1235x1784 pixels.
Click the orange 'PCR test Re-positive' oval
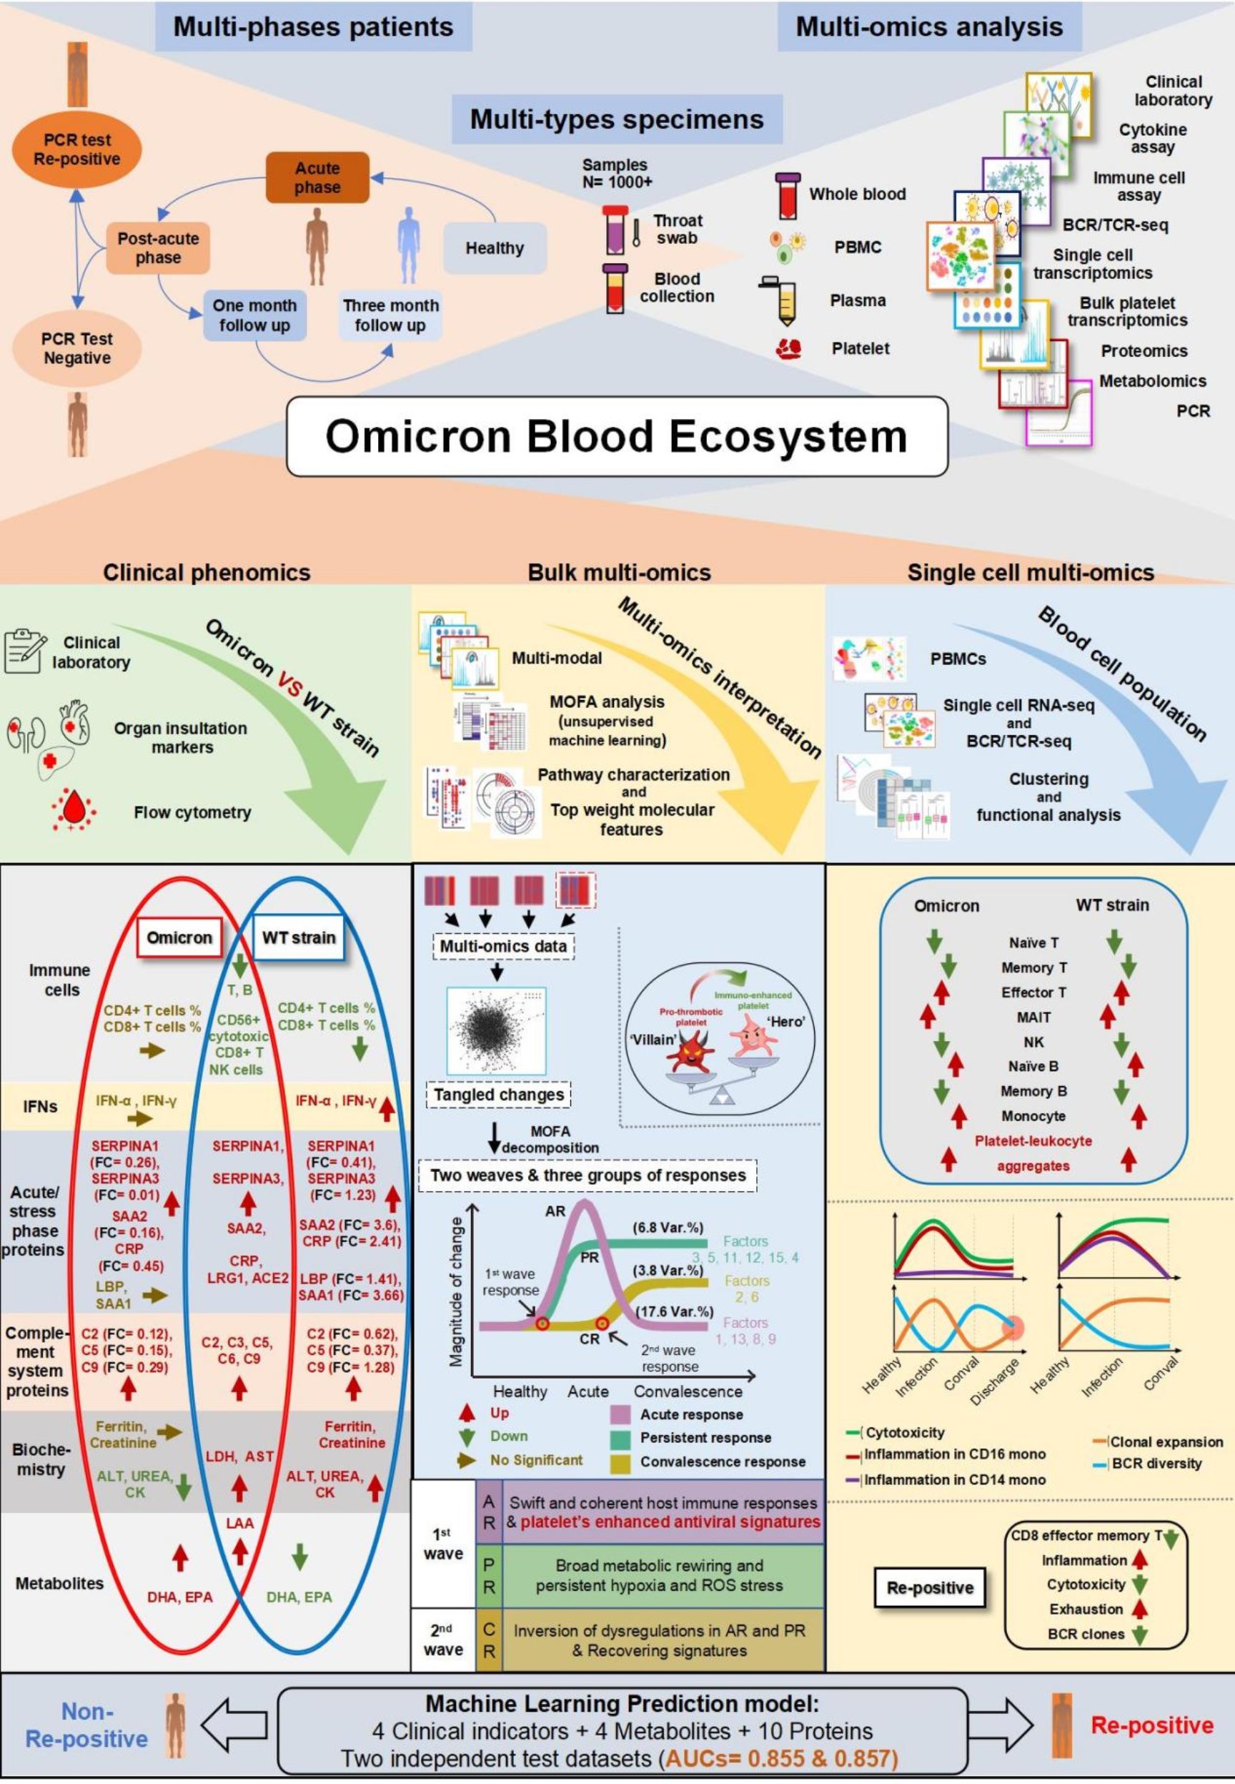tap(76, 149)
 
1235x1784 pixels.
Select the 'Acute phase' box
tap(317, 178)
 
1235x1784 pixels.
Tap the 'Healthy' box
tap(495, 248)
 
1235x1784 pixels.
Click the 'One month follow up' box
tap(254, 316)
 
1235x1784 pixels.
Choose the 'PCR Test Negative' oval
tap(76, 348)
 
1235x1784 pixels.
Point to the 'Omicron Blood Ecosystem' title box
tap(617, 436)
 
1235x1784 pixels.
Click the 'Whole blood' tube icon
tap(788, 197)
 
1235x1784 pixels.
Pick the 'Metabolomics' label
tap(1152, 381)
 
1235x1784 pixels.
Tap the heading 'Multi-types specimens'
tap(617, 119)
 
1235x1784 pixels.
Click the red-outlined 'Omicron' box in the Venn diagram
tap(179, 937)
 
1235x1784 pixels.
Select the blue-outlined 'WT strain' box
tap(299, 937)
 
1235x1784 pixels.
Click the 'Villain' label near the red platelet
tap(654, 1040)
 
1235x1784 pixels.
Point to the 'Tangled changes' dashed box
tap(498, 1095)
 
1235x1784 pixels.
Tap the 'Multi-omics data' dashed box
tap(503, 946)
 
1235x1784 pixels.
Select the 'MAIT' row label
tap(1033, 1017)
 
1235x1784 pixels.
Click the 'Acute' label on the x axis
tap(588, 1391)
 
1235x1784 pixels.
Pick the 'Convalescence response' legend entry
tap(722, 1462)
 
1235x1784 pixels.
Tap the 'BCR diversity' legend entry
tap(1156, 1464)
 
